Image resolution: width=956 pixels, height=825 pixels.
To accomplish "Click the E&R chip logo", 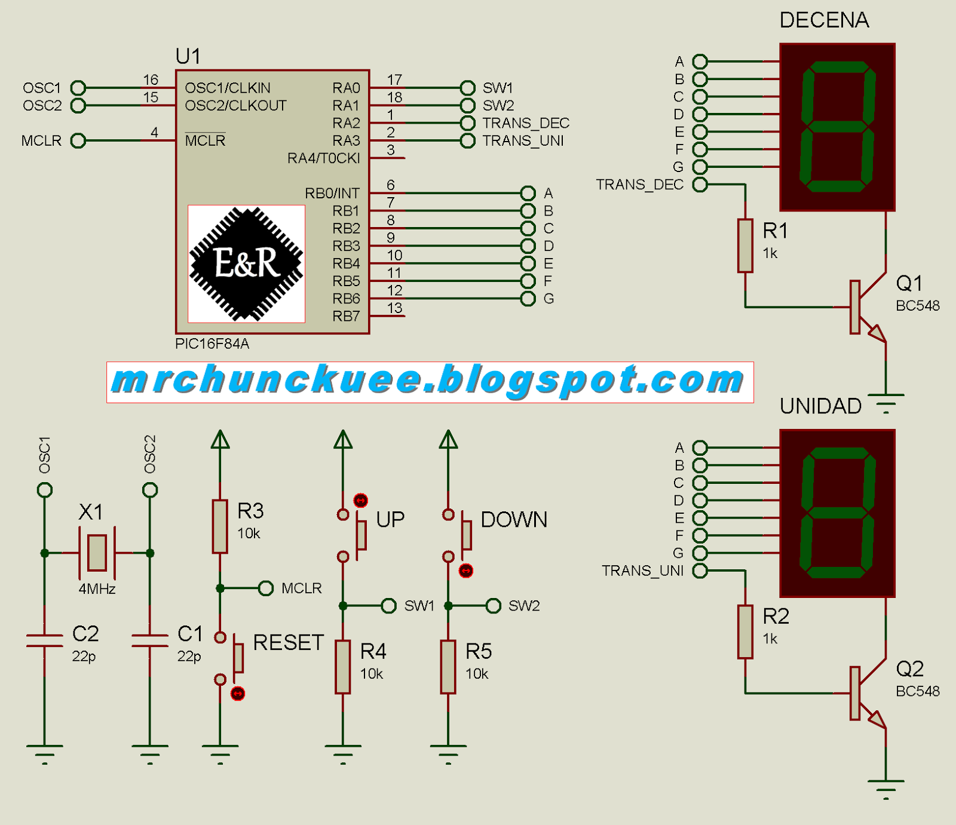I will (x=246, y=263).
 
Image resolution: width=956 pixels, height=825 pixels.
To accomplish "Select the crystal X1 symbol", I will (x=97, y=553).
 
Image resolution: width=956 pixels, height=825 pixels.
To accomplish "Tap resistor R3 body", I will (x=220, y=526).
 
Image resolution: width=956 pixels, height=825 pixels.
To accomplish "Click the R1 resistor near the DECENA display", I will (x=745, y=246).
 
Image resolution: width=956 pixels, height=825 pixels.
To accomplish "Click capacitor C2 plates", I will (x=45, y=640).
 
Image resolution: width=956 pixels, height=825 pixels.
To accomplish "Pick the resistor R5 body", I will (x=448, y=667).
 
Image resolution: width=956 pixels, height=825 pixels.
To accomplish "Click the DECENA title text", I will (x=824, y=20).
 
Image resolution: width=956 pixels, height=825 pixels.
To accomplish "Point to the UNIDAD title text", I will (x=820, y=406).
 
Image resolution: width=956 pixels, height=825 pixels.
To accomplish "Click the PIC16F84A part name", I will (x=212, y=344).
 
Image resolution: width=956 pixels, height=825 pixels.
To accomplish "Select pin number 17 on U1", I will (x=394, y=79).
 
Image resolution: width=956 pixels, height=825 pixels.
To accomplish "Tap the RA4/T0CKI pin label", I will (x=323, y=158).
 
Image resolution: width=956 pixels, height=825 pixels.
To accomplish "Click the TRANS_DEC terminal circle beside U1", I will (x=468, y=123).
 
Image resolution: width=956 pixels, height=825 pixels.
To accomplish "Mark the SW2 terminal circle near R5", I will (x=494, y=606).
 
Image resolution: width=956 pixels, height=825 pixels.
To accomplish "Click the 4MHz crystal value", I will (x=97, y=589).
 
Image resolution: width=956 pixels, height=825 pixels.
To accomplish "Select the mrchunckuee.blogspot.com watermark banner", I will (x=430, y=382).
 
